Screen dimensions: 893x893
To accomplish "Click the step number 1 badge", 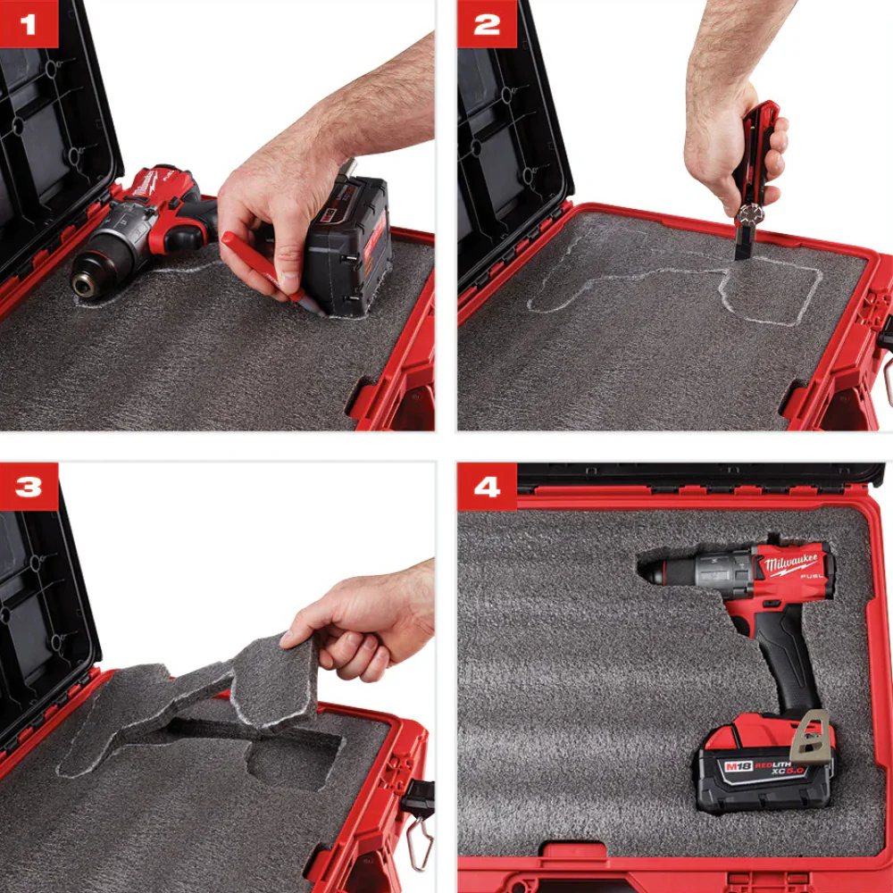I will (x=29, y=24).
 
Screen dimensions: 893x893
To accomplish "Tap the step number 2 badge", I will (x=487, y=24).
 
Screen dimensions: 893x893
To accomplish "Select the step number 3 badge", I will (x=29, y=487).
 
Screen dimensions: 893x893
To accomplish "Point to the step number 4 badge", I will (x=487, y=487).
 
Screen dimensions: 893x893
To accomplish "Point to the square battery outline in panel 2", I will (x=770, y=290).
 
